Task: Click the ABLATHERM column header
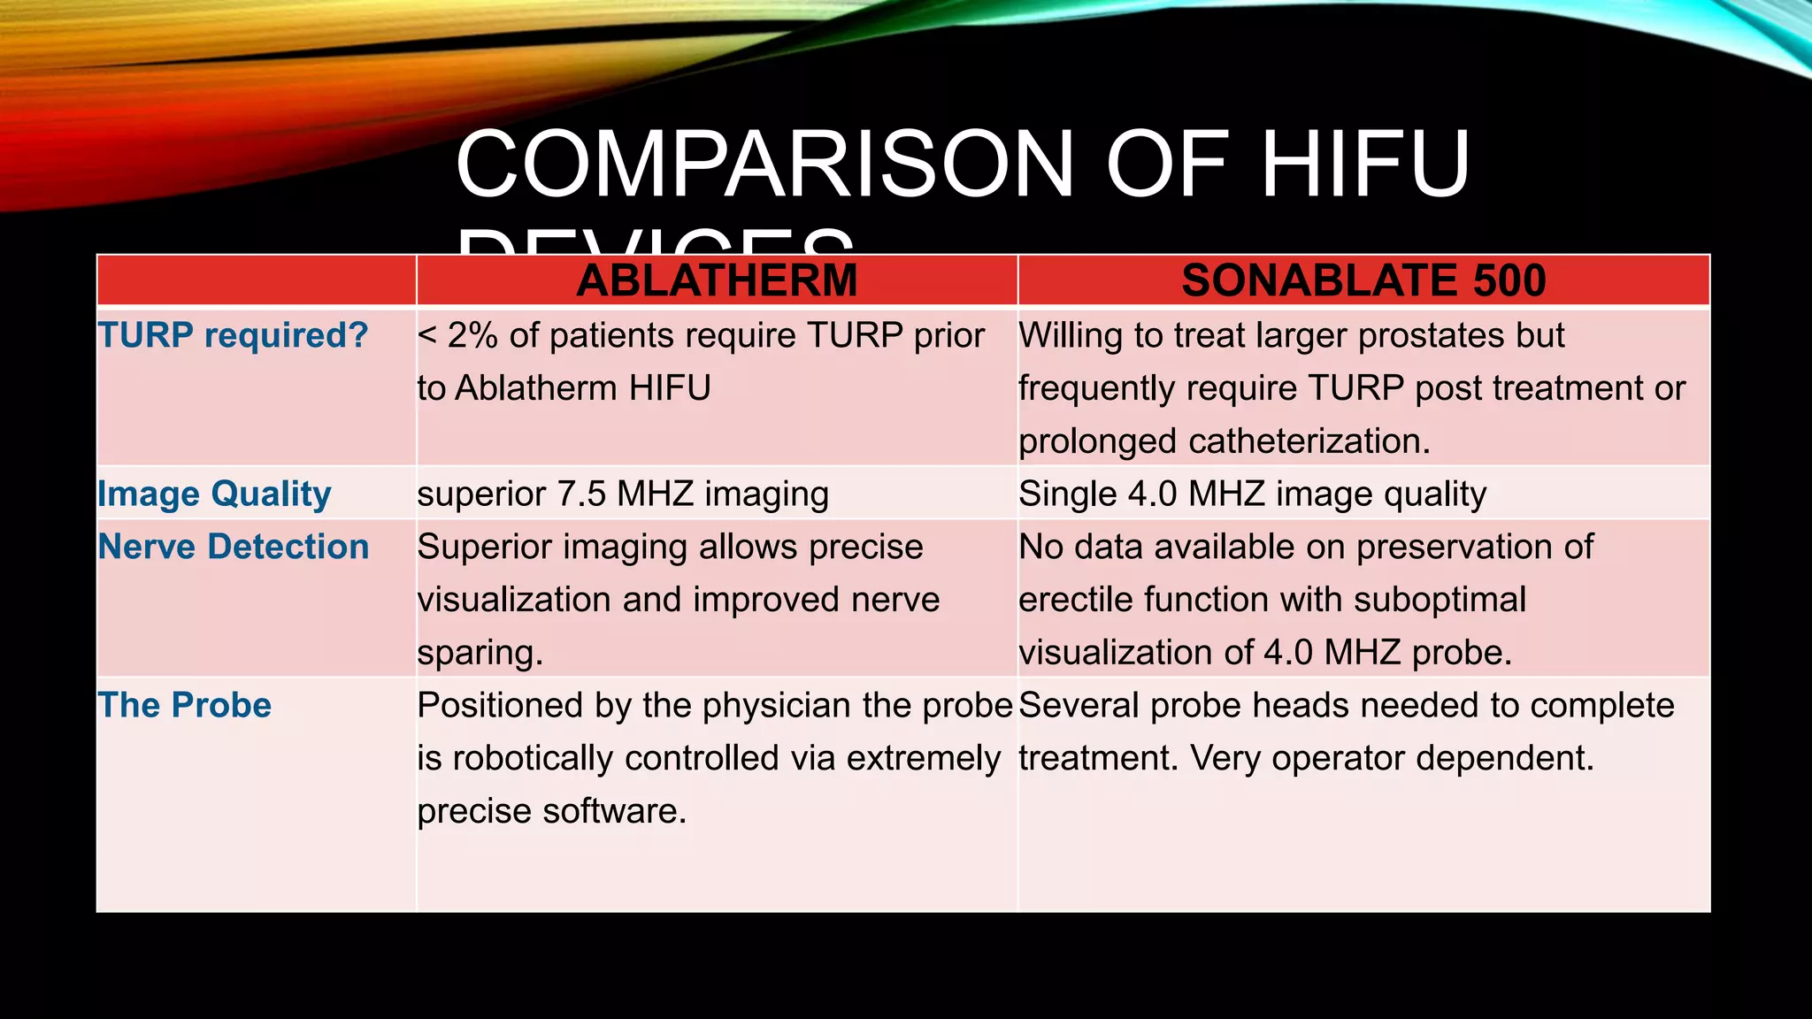click(717, 281)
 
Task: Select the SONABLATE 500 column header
click(1363, 281)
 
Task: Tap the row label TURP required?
click(233, 336)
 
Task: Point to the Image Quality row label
click(214, 494)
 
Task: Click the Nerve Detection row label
click(234, 548)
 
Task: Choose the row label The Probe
click(184, 706)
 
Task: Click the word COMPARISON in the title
click(764, 165)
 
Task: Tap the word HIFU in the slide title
click(1365, 165)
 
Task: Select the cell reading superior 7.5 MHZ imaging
click(623, 494)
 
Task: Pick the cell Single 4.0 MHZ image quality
click(1252, 494)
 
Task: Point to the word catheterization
click(1309, 441)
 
